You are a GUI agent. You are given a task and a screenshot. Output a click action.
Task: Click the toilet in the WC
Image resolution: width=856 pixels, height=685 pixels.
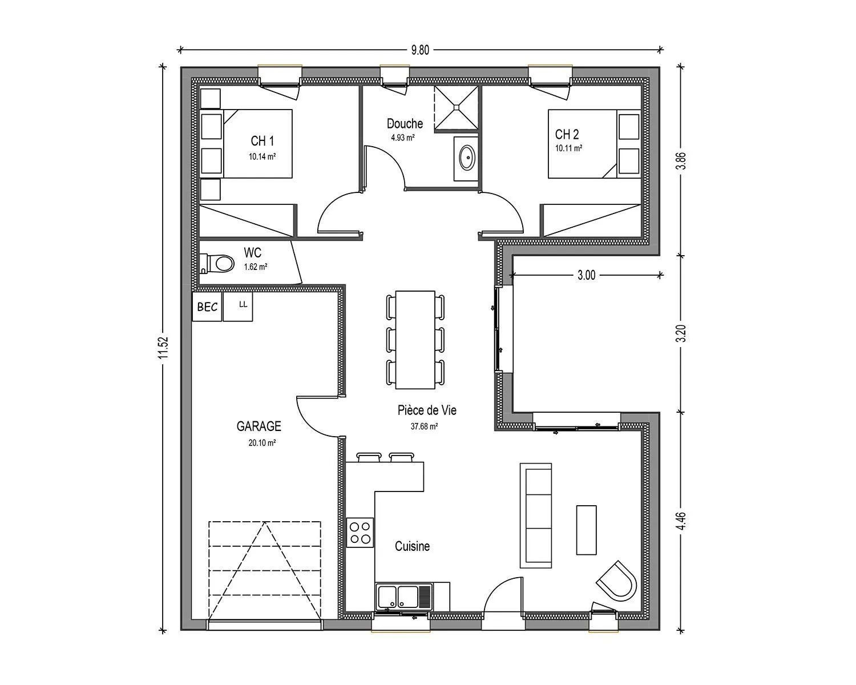217,264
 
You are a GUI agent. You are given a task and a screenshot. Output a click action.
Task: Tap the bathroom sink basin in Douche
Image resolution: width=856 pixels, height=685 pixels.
467,158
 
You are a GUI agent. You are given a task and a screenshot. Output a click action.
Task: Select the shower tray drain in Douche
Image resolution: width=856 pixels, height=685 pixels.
456,107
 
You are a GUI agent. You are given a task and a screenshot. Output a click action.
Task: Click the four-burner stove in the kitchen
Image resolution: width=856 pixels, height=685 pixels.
361,533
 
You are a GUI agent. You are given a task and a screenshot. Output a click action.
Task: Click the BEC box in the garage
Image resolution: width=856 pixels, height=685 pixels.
207,307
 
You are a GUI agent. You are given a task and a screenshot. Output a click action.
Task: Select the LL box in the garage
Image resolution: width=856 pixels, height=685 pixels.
238,307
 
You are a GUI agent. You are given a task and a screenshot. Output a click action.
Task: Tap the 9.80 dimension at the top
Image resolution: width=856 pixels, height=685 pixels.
421,50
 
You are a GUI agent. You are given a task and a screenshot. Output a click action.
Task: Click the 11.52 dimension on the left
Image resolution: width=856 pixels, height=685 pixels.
163,348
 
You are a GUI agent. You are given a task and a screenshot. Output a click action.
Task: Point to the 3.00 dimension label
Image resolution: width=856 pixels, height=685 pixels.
586,275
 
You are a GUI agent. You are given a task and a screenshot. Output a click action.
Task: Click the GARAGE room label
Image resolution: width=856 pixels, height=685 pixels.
259,426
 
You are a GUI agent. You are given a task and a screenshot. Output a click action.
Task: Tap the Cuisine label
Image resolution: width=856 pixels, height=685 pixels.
412,546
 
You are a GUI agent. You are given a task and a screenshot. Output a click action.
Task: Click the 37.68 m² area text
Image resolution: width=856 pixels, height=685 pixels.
424,426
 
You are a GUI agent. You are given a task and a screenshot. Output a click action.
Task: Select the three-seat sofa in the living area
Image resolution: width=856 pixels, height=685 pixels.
536,515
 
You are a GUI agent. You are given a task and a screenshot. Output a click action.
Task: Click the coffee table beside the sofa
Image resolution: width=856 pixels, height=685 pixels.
586,530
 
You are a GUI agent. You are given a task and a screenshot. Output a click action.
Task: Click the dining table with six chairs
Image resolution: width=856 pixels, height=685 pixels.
415,340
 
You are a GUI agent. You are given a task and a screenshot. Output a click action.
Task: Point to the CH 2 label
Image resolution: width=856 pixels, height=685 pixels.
567,134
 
